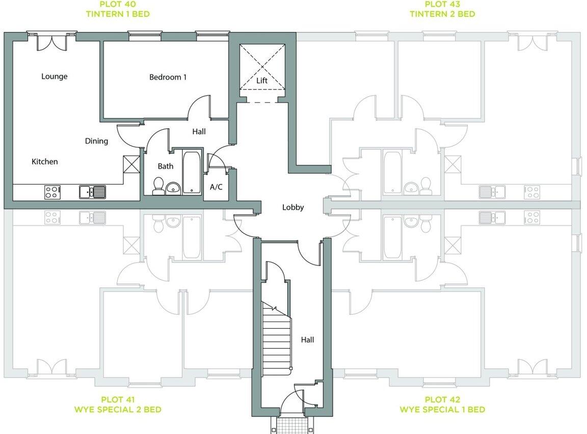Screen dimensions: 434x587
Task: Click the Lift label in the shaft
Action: [x=262, y=81]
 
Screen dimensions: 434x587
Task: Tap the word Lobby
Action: [x=293, y=207]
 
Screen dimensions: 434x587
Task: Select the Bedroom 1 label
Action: [x=168, y=77]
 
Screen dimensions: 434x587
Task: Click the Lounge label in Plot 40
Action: [x=54, y=76]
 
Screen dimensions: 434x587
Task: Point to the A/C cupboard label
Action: [x=216, y=187]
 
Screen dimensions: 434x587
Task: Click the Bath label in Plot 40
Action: [x=165, y=166]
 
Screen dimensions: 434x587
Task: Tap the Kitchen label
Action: [x=45, y=161]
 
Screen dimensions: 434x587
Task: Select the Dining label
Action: [x=96, y=141]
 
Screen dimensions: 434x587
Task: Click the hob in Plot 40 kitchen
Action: [x=52, y=192]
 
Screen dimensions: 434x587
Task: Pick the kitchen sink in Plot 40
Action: [x=92, y=192]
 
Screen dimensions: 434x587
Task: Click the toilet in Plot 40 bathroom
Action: [x=158, y=186]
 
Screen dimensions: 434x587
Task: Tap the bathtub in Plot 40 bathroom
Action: [x=192, y=171]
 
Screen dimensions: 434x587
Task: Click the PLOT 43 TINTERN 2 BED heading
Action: [x=442, y=9]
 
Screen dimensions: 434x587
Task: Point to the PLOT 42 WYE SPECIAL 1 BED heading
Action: [x=442, y=404]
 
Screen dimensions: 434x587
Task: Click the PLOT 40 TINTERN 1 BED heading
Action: [x=118, y=9]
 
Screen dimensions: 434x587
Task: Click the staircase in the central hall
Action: [x=276, y=338]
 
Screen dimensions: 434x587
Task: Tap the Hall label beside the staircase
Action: [x=307, y=340]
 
